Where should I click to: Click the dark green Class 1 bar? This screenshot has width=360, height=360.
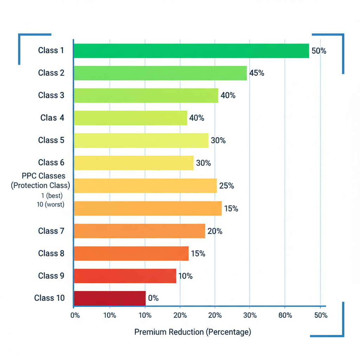[191, 51]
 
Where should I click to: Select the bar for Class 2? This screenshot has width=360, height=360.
[160, 73]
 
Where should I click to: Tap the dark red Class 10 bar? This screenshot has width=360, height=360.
[110, 298]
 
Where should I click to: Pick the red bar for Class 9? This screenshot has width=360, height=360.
[125, 276]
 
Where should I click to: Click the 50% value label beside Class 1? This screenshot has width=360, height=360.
[319, 51]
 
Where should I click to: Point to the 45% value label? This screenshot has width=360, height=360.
[257, 73]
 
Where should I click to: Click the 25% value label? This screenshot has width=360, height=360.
[226, 186]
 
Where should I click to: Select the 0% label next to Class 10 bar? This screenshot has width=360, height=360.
[153, 298]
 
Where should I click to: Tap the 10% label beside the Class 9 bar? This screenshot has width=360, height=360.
[185, 276]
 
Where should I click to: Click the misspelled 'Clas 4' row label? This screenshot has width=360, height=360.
[52, 118]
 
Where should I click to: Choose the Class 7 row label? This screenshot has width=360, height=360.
[51, 231]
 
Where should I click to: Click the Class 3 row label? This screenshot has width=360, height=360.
[51, 95]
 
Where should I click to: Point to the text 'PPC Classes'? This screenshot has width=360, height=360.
[44, 176]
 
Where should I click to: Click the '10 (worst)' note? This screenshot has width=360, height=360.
[51, 204]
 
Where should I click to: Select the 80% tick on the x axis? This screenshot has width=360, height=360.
[285, 315]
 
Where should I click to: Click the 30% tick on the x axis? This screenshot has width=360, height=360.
[250, 315]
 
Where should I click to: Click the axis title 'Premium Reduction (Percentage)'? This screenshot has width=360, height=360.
[193, 332]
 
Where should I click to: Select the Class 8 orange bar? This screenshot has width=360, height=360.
[131, 253]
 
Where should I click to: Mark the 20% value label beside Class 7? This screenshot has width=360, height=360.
[215, 231]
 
